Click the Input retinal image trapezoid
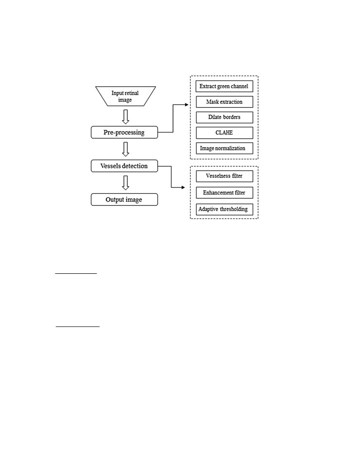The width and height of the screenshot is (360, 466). (x=125, y=96)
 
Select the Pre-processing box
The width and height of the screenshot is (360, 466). (x=124, y=132)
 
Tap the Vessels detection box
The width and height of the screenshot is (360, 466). (x=124, y=166)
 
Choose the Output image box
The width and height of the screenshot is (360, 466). (x=124, y=200)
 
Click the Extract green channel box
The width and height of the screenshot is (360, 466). (x=224, y=86)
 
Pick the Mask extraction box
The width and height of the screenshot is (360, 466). (x=224, y=101)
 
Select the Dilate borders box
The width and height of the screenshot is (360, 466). (x=224, y=117)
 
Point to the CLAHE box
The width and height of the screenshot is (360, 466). (x=224, y=133)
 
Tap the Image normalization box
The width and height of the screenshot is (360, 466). (x=224, y=148)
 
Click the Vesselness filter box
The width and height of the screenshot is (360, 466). (x=224, y=176)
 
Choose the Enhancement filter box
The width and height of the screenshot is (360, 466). (x=224, y=193)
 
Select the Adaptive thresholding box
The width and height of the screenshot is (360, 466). (x=224, y=209)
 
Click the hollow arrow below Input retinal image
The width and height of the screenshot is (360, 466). (x=125, y=117)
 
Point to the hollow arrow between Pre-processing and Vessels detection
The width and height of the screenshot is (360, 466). (x=125, y=149)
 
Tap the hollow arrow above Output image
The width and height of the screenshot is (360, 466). (x=125, y=183)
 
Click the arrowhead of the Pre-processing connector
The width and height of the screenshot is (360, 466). (x=187, y=105)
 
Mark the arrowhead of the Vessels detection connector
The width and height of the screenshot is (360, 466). (x=183, y=187)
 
